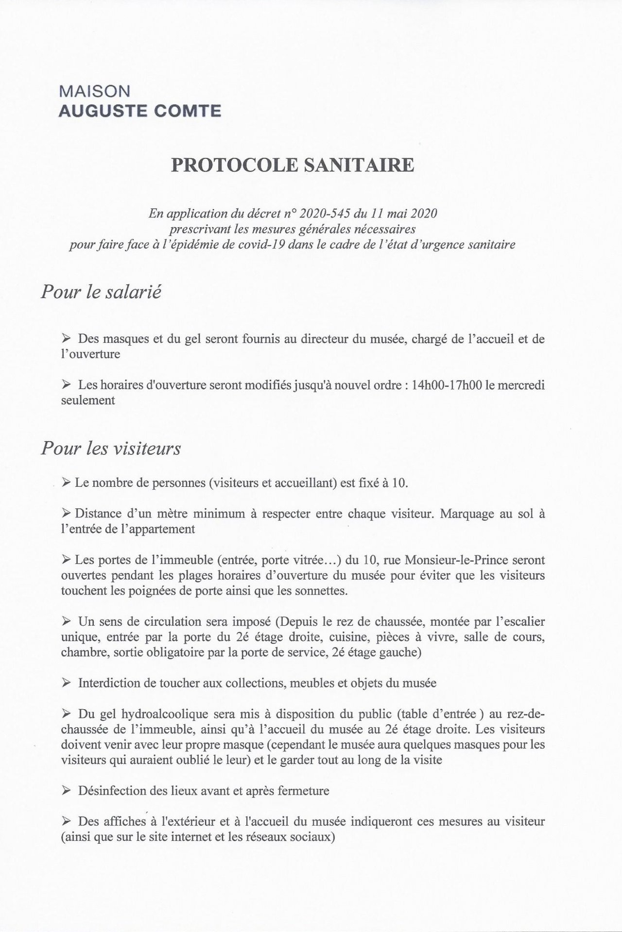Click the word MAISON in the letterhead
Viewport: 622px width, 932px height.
point(94,91)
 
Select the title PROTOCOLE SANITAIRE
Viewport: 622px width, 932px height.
point(293,166)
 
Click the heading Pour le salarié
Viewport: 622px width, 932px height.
point(101,293)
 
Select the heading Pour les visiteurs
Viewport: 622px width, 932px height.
point(111,448)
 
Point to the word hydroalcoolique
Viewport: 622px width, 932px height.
point(152,714)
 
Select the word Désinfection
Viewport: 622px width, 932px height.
point(113,791)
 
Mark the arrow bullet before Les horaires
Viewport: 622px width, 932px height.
point(67,385)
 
